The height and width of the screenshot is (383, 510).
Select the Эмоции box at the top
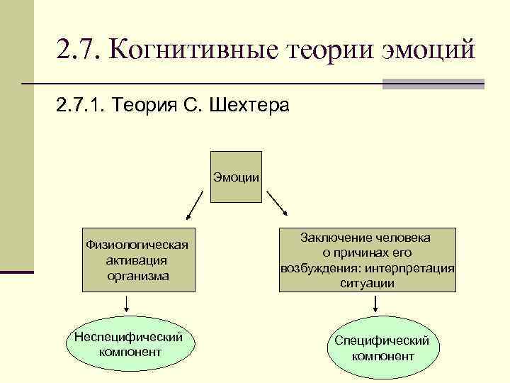pyautogui.click(x=237, y=177)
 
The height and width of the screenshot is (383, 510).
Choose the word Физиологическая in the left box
pyautogui.click(x=137, y=245)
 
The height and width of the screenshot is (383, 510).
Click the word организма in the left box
pyautogui.click(x=137, y=275)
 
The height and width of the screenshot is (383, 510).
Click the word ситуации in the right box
pyautogui.click(x=367, y=283)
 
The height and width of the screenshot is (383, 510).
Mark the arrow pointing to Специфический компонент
pyautogui.click(x=375, y=304)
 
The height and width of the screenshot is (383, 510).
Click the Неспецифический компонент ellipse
pyautogui.click(x=130, y=344)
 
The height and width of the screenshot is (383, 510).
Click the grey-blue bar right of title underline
pyautogui.click(x=433, y=84)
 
